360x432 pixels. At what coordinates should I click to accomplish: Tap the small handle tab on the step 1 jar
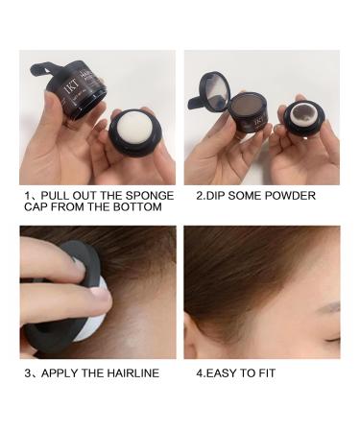coord(43,69)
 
